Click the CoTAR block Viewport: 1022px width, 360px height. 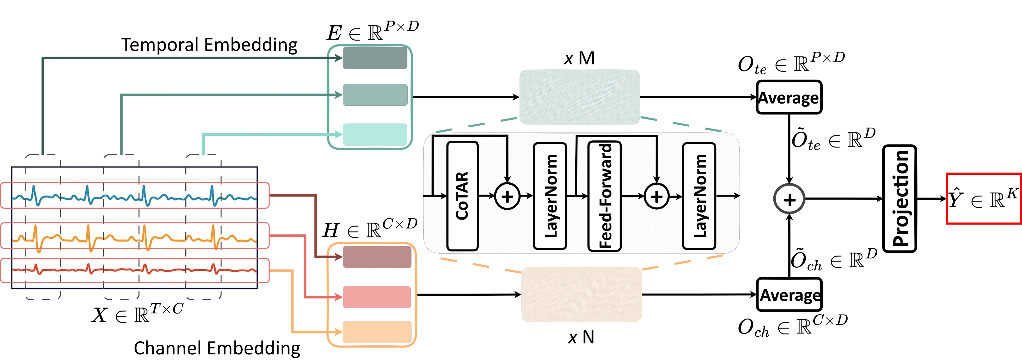[462, 196]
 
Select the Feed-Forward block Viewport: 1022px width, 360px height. [605, 196]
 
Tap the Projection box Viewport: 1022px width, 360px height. [900, 198]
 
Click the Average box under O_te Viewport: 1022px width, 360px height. [789, 97]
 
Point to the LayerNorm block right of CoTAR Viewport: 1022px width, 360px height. [550, 196]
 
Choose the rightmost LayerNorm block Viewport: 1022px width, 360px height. [699, 196]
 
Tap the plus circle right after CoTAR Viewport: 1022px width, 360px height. [507, 196]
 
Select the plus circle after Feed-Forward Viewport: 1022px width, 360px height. [657, 196]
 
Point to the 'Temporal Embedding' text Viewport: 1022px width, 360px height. [209, 45]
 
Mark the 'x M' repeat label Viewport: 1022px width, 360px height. [579, 59]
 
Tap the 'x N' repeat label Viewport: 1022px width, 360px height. [581, 337]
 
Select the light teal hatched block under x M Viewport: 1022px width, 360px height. [579, 97]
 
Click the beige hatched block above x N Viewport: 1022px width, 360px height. [581, 294]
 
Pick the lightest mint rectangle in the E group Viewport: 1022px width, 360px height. [375, 134]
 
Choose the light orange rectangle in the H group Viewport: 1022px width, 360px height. [377, 332]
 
